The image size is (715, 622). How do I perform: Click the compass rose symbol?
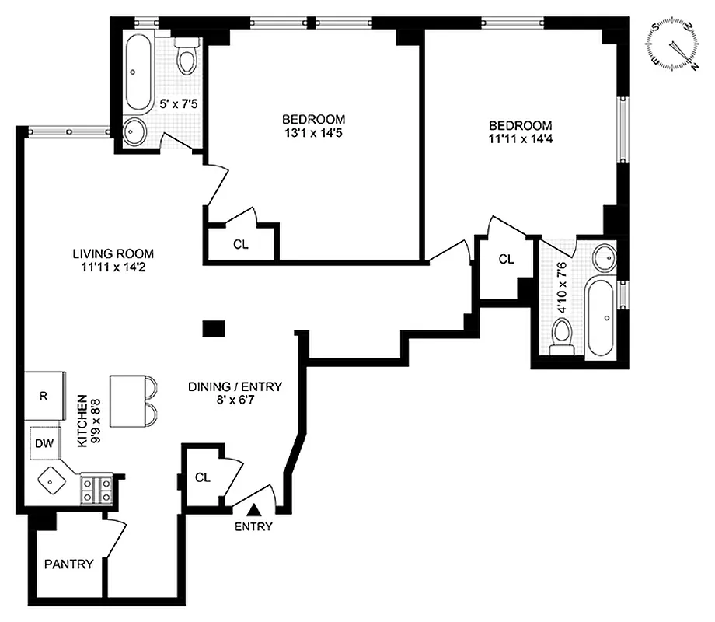(x=674, y=44)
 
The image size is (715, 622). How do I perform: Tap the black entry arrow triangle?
(x=254, y=510)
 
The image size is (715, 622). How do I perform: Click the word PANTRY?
(x=68, y=564)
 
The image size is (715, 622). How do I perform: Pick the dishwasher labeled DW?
(x=44, y=444)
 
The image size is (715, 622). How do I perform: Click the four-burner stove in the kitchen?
(x=96, y=490)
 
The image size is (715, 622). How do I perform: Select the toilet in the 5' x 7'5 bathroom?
(x=187, y=58)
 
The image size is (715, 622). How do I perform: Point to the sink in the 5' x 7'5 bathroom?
(x=136, y=133)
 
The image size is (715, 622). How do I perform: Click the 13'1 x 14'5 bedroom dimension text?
(x=313, y=133)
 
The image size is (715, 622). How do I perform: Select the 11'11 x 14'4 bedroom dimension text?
(x=520, y=140)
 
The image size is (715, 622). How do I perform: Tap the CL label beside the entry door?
(x=203, y=477)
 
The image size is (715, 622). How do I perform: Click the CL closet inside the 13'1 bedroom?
(x=241, y=243)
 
